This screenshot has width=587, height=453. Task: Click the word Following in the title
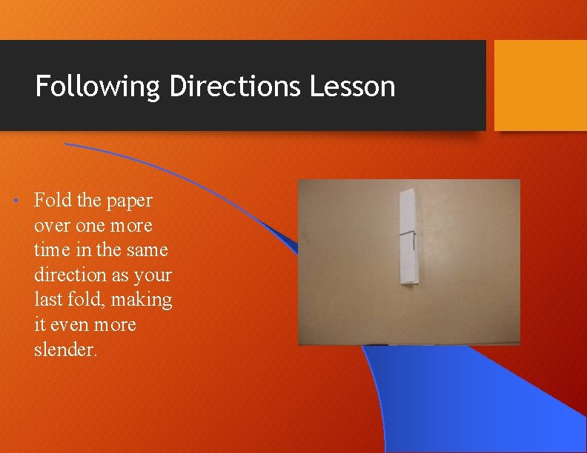point(98,87)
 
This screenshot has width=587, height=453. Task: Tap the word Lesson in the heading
point(353,87)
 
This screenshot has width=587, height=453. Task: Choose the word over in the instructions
point(51,225)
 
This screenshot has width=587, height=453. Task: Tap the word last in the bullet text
point(49,300)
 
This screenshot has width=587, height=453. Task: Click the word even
point(78,325)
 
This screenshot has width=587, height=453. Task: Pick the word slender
point(65,349)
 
